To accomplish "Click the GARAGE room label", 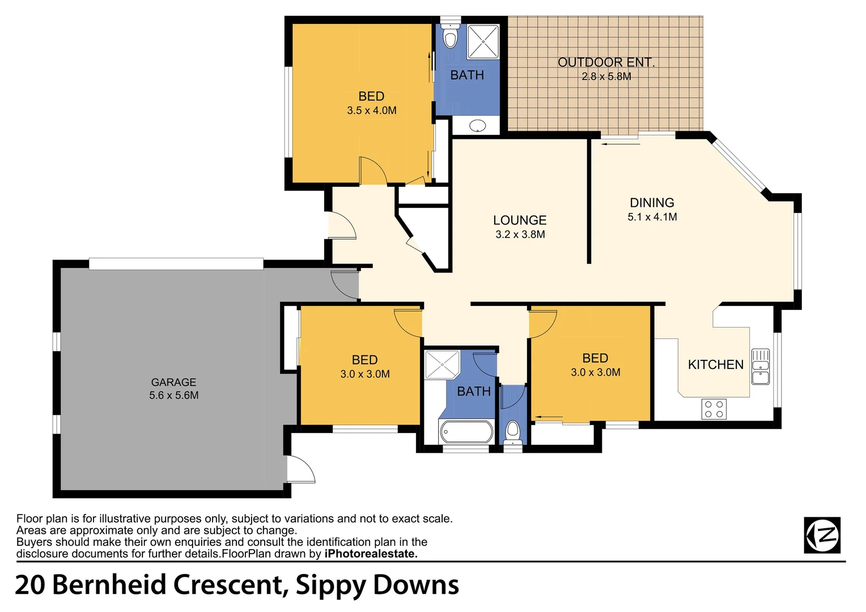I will tap(173, 382).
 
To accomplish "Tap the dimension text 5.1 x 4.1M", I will tap(652, 217).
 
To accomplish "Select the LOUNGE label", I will tap(519, 220).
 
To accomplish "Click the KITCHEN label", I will tap(715, 365).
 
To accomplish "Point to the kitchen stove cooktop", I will tap(714, 409).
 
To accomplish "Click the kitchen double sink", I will tap(760, 367).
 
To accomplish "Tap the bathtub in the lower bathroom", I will tap(466, 432).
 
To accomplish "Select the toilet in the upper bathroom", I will tap(450, 37).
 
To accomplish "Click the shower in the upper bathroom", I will tap(483, 41).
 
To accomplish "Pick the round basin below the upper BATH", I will tap(478, 125).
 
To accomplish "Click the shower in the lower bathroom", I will tap(442, 364).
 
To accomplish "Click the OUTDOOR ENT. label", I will tap(606, 62).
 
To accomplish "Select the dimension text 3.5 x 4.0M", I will tap(372, 111).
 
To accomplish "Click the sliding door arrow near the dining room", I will tap(621, 144).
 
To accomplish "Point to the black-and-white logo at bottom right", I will tap(822, 535).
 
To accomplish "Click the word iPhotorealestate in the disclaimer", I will tap(371, 554).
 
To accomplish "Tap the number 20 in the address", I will tap(29, 585).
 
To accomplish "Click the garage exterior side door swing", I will tap(300, 470).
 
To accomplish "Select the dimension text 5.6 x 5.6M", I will tap(173, 396).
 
